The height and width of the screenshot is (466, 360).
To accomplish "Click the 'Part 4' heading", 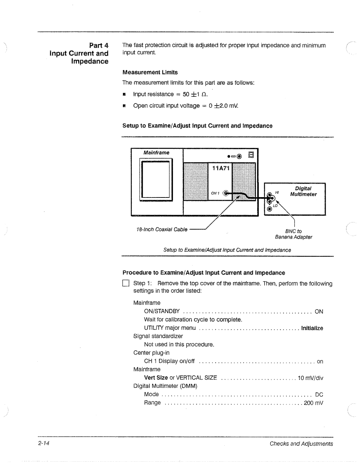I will coord(98,45).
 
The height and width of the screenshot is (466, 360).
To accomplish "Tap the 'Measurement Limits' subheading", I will coord(150,72).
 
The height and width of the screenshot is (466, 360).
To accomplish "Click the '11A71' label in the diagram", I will coord(221,168).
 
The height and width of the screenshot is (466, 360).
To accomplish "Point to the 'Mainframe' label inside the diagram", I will coord(156,152).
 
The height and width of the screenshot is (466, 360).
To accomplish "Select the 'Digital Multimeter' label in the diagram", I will coord(303,191).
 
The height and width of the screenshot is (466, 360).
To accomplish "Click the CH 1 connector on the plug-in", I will coord(227,193).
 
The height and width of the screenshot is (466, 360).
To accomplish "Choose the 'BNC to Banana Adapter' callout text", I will coord(293,234).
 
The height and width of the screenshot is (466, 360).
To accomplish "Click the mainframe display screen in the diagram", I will coord(156,180).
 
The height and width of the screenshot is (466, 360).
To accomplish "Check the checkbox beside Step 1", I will coord(126,284).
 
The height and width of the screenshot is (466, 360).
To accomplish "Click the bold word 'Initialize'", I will coord(312,328).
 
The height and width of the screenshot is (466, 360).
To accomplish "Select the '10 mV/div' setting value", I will coord(310,378).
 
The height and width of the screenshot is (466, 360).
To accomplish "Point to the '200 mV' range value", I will coord(313,403).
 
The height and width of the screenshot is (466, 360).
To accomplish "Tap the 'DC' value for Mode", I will coord(319,395).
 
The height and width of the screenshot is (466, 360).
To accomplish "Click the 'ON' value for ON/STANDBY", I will coord(319,312).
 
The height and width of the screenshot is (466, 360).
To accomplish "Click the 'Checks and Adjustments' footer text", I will coord(301,444).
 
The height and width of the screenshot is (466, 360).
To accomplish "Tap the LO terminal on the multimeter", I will coord(269,209).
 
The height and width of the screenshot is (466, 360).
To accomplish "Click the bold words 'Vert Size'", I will coord(156,378).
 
